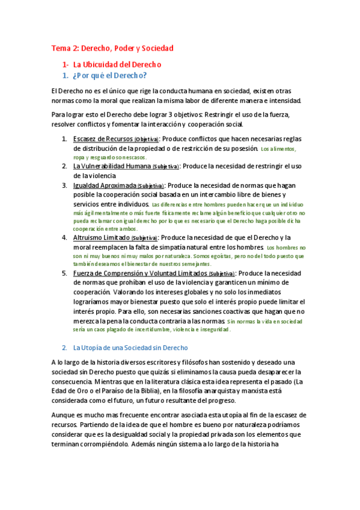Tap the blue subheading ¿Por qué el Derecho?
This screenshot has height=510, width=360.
click(x=109, y=76)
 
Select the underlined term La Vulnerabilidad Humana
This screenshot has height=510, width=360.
click(x=112, y=165)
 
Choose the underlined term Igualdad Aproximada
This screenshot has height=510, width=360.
click(x=105, y=185)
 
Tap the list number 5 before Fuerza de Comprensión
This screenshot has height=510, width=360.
click(x=64, y=273)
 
